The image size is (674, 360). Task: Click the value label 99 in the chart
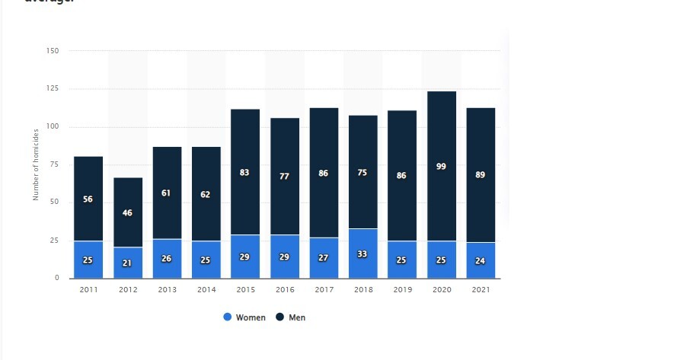tap(442, 166)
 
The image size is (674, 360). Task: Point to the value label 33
tap(363, 254)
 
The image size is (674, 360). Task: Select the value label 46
tap(128, 213)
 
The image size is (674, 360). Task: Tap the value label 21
tap(128, 263)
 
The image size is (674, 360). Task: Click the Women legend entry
tap(244, 317)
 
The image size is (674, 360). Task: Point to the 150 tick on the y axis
tap(53, 51)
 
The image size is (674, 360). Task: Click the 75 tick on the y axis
tap(54, 164)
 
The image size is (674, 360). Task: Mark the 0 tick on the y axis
tap(56, 278)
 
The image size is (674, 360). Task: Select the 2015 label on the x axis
tap(245, 290)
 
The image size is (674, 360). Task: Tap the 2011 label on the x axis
tap(88, 290)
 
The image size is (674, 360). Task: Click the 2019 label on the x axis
tap(402, 290)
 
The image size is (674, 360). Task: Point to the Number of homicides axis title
tap(36, 165)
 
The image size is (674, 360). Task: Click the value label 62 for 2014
tap(206, 195)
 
